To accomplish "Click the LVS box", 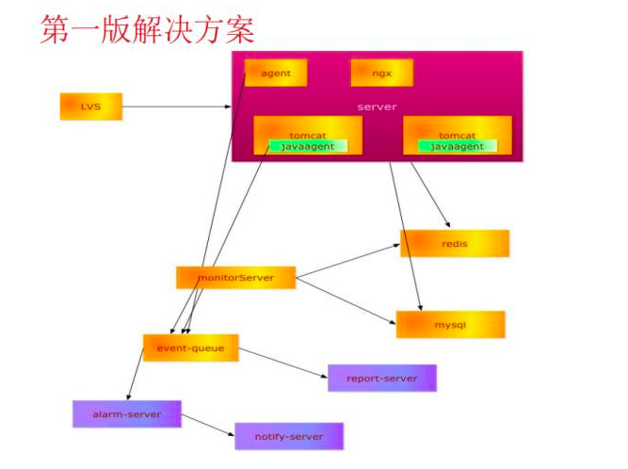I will tap(90, 106).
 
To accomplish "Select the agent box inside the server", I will tap(276, 73).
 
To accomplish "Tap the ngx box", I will tap(381, 73).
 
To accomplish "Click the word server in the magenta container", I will tap(377, 107).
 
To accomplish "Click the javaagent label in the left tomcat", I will tap(308, 146).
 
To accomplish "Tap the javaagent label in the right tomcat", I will tap(458, 146).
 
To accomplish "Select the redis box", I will tap(455, 244).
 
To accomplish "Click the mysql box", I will tap(450, 325).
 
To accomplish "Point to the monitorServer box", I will tap(235, 278).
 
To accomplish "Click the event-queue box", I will tap(190, 348).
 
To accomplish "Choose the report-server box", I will tap(381, 378).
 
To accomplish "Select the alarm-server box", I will tap(126, 414).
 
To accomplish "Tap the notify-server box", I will tap(288, 437).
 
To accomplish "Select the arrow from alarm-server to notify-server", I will tap(207, 426).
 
